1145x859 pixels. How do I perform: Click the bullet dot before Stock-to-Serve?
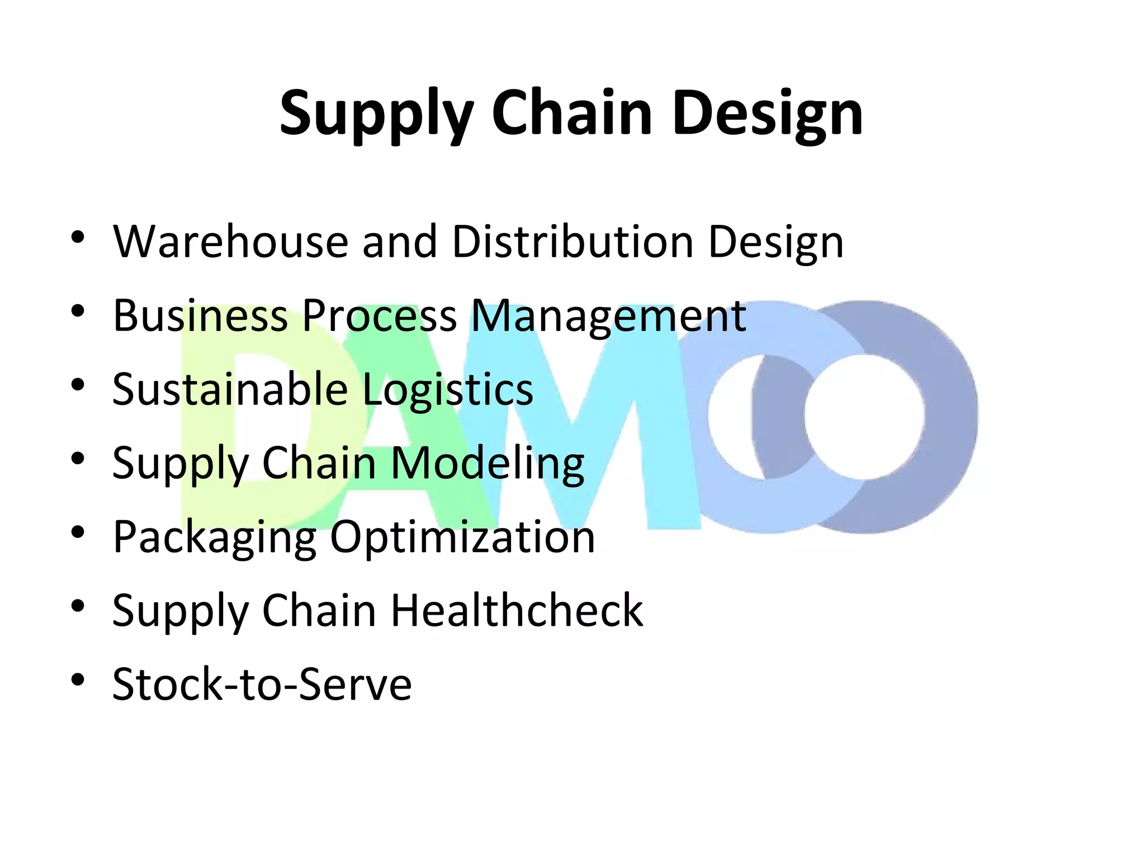tap(78, 680)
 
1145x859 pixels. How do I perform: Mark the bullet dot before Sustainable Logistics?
tap(78, 385)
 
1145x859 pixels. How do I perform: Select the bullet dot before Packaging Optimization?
tap(78, 532)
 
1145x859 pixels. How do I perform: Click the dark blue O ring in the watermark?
tap(950, 417)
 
